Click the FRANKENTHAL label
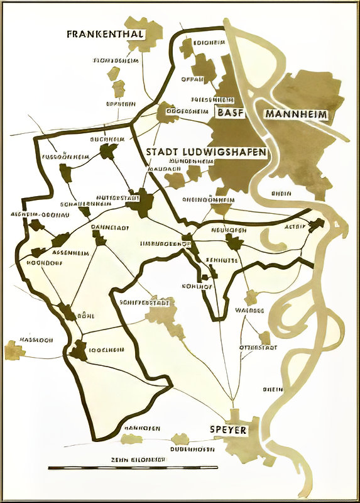pos(106,34)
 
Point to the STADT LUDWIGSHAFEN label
pos(206,153)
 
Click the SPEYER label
pos(228,431)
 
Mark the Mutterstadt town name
pos(114,197)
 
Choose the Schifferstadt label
pos(145,303)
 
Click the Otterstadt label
pos(257,347)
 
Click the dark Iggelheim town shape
pos(79,351)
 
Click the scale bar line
pos(133,468)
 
